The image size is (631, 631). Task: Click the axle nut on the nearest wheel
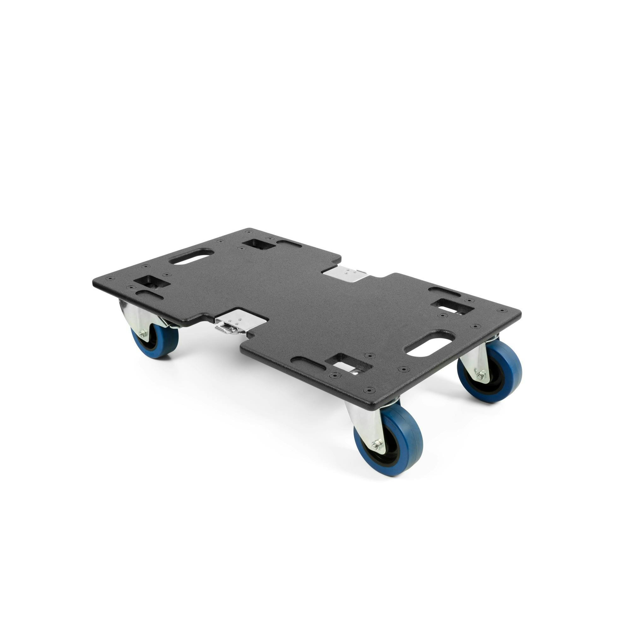pos(379,444)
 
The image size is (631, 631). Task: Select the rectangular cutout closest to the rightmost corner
pos(453,307)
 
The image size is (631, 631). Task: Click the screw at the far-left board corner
pos(110,278)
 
